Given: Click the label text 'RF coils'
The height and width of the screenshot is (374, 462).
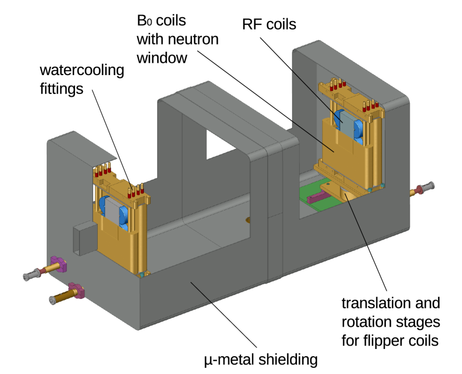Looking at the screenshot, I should (269, 24).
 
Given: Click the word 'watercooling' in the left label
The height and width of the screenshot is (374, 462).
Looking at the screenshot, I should (82, 71).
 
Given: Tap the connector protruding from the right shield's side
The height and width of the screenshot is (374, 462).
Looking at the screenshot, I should (423, 189).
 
